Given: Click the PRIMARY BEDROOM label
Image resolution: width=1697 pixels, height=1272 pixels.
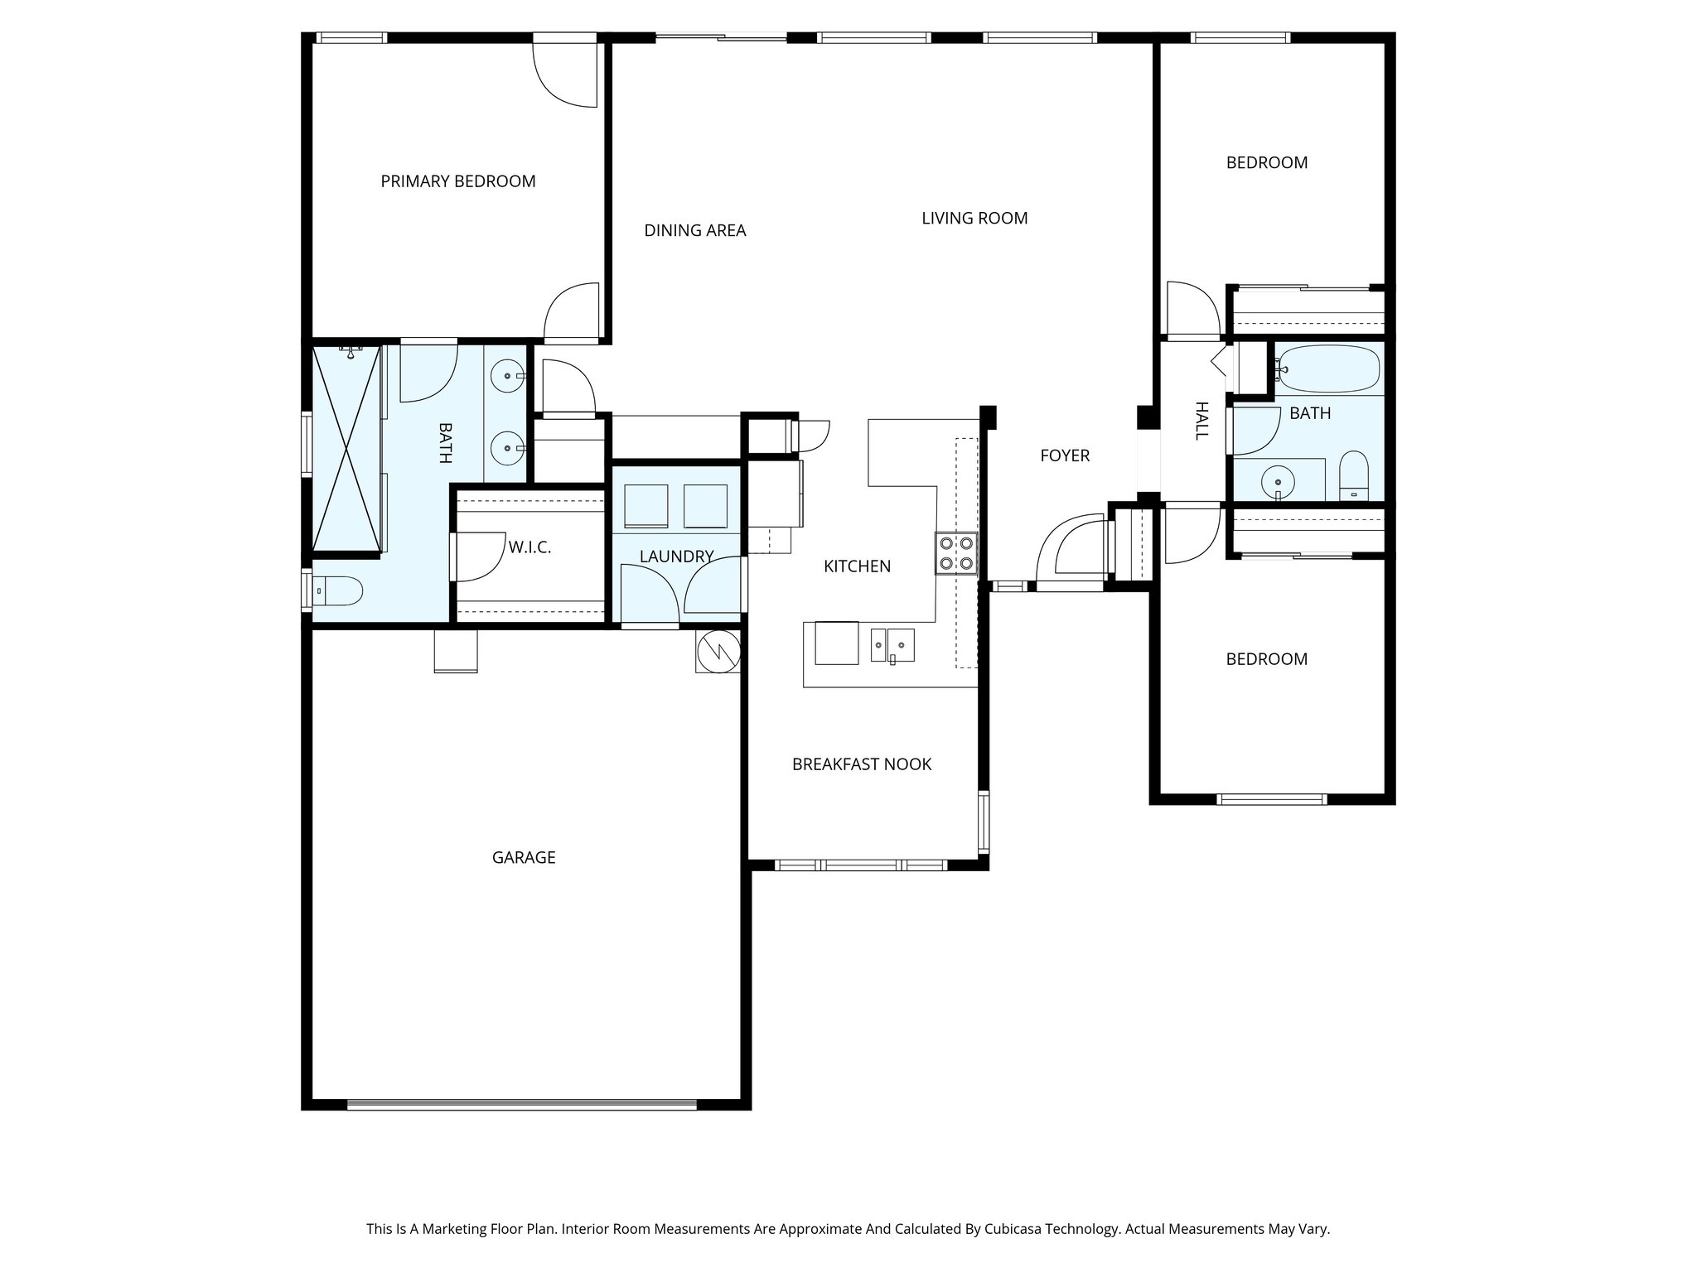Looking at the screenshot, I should coord(457,181).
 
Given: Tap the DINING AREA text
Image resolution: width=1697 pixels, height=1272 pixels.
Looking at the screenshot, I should coord(694,231).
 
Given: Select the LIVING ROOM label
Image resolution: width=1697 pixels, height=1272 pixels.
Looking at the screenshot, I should coord(974,219).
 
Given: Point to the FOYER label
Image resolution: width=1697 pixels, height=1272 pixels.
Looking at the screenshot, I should coord(1065,455).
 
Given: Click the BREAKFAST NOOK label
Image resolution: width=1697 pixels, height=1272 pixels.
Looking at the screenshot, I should coord(861,764).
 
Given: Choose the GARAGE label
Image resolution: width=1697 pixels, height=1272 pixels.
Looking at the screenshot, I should coord(524,858).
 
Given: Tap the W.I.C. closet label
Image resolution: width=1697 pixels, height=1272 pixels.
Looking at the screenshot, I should coord(529,547).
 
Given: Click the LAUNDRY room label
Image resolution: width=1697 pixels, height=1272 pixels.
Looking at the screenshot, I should coord(676,556).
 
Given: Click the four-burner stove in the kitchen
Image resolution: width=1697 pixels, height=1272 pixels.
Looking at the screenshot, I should coord(956,553).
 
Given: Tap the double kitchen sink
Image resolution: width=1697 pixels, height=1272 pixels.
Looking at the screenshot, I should coord(892,645).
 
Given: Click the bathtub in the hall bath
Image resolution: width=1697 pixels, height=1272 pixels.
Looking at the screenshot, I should coord(1327,369).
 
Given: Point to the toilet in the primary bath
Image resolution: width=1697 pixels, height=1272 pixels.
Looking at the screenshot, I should coord(341,590).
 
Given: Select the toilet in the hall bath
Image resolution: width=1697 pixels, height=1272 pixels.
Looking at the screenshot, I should coord(1354,478).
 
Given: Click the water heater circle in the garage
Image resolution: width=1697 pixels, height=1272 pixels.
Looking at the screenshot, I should coord(718,652).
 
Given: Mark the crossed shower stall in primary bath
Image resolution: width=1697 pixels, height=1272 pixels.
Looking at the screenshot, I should coord(346,448).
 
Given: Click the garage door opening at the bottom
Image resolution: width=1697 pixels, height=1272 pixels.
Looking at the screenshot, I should coord(522,1104).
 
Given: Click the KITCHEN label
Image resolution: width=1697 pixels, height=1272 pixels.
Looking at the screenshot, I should coord(857,566).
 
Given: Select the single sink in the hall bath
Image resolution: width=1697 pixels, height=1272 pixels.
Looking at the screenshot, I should coord(1278,480).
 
